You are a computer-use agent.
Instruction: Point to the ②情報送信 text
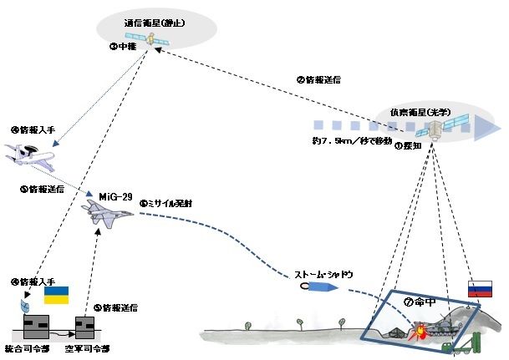pyautogui.click(x=318, y=80)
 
